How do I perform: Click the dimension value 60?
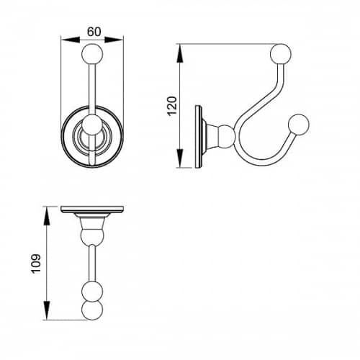(94, 32)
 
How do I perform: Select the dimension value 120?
(172, 106)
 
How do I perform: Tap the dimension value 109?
(36, 264)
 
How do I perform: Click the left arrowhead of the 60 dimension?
(70, 40)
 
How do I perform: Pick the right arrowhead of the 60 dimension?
(114, 40)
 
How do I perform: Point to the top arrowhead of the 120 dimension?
(180, 53)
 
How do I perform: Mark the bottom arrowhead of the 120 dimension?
(180, 158)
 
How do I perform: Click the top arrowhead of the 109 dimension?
(48, 216)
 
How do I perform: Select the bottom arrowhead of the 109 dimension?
(48, 310)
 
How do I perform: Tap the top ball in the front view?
(92, 53)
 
